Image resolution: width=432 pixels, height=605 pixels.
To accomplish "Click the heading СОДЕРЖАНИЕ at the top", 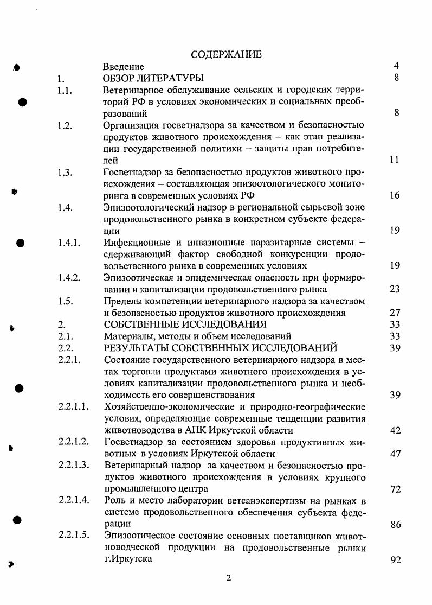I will [x=227, y=54].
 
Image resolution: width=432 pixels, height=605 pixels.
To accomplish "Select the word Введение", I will [x=124, y=67].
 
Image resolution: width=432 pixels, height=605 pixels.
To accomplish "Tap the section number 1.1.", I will [x=65, y=90].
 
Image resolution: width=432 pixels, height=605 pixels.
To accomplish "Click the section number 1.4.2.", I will [x=69, y=277].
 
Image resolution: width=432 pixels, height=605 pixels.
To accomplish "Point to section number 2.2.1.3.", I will [x=73, y=466].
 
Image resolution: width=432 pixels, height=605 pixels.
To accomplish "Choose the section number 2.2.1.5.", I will [x=73, y=536].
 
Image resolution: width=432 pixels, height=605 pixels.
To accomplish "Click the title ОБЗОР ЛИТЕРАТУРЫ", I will [x=153, y=78].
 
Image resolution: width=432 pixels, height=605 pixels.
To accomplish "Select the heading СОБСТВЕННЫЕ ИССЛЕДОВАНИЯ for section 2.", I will [x=184, y=324].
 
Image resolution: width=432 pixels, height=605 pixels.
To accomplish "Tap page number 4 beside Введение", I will [x=396, y=66].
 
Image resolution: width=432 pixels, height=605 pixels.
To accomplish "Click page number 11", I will [x=395, y=160].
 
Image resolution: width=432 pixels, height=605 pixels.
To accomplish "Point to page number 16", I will [x=395, y=195].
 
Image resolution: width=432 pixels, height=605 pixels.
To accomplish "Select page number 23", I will [x=395, y=289].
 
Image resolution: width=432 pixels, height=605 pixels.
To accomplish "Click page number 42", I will [x=395, y=430].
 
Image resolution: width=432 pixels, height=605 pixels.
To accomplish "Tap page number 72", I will [x=395, y=489].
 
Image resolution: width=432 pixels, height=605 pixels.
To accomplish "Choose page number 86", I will [x=395, y=525].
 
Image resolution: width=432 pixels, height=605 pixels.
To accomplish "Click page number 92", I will [x=395, y=560].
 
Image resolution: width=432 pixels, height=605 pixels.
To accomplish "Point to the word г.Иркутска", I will [x=129, y=559].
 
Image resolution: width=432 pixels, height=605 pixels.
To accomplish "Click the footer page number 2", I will [x=228, y=578].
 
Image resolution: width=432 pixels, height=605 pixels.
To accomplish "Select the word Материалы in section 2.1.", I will [x=126, y=336].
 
